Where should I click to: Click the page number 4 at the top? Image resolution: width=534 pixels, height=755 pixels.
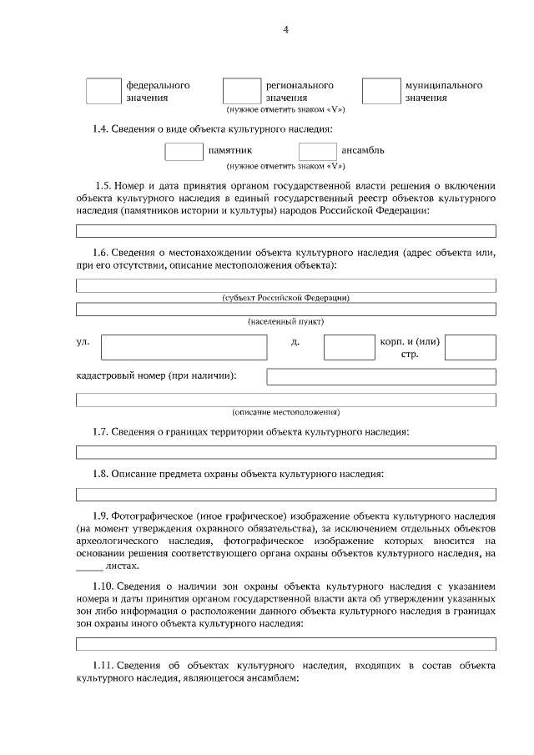[x=285, y=31]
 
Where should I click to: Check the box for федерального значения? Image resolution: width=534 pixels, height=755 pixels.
[x=103, y=91]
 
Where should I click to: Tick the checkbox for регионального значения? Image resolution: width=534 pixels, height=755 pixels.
[x=241, y=91]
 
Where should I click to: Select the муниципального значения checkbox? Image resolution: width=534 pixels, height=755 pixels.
[x=380, y=91]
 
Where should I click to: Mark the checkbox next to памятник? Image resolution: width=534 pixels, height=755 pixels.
[x=184, y=151]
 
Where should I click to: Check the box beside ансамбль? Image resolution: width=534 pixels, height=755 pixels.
[x=317, y=151]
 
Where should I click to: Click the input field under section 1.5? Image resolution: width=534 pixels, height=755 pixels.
[x=285, y=232]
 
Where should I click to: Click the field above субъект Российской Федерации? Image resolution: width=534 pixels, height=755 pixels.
[x=285, y=285]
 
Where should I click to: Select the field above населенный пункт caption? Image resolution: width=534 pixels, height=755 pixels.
[x=285, y=309]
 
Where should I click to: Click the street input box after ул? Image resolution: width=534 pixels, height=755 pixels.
[x=184, y=347]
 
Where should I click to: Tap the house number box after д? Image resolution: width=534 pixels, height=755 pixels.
[x=349, y=347]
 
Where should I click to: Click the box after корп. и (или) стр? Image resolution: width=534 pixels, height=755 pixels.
[x=470, y=347]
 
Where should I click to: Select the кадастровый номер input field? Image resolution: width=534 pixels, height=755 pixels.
[x=380, y=376]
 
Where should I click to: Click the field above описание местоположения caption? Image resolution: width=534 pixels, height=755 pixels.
[x=285, y=400]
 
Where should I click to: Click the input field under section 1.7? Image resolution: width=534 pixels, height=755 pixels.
[x=285, y=453]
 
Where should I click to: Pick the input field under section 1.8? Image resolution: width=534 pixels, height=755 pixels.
[x=285, y=495]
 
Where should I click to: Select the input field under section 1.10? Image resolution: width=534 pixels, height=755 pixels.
[x=285, y=644]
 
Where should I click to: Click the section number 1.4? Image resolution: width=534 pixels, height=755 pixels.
[x=100, y=128]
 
